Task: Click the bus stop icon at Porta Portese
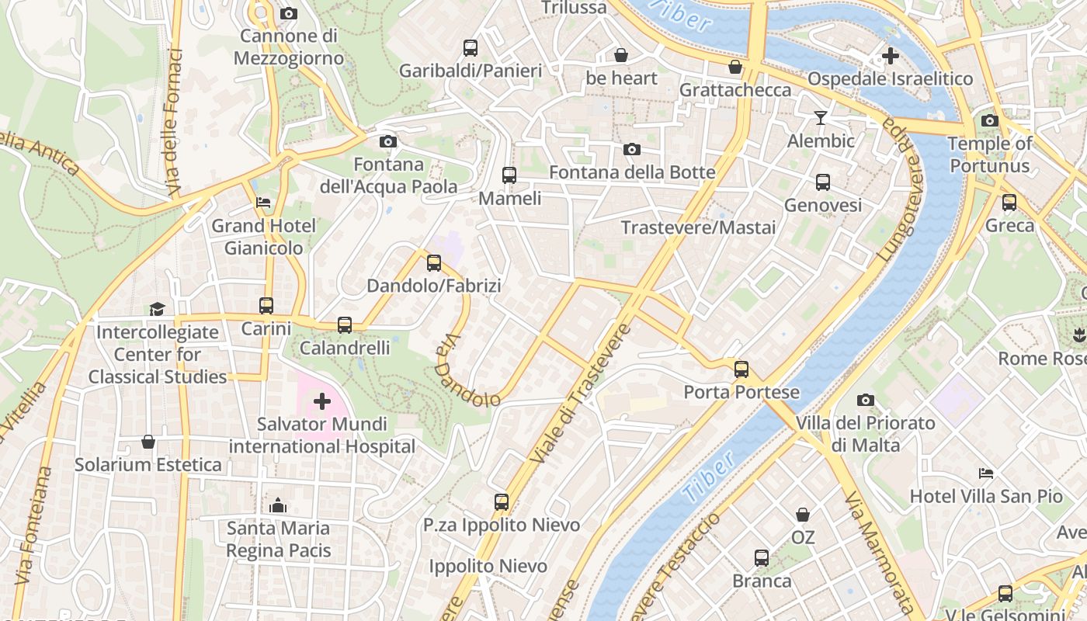click(x=741, y=369)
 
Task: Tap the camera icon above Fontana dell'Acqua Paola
click(x=387, y=141)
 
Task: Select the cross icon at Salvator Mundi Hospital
click(x=322, y=401)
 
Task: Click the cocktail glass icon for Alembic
click(x=820, y=118)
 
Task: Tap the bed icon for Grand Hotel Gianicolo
click(x=263, y=203)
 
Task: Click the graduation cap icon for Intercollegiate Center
click(x=158, y=309)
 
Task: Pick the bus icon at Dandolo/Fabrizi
click(x=434, y=263)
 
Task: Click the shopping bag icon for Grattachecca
click(x=735, y=68)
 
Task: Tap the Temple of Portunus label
click(x=990, y=154)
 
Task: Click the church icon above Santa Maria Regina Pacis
click(x=278, y=505)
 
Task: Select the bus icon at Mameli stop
click(x=509, y=175)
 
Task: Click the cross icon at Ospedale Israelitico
click(x=890, y=56)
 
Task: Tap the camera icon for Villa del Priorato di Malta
click(x=866, y=401)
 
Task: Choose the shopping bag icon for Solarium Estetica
click(x=148, y=442)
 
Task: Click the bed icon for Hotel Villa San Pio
click(x=985, y=473)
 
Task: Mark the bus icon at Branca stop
click(x=762, y=558)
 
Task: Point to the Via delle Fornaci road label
click(x=174, y=123)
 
